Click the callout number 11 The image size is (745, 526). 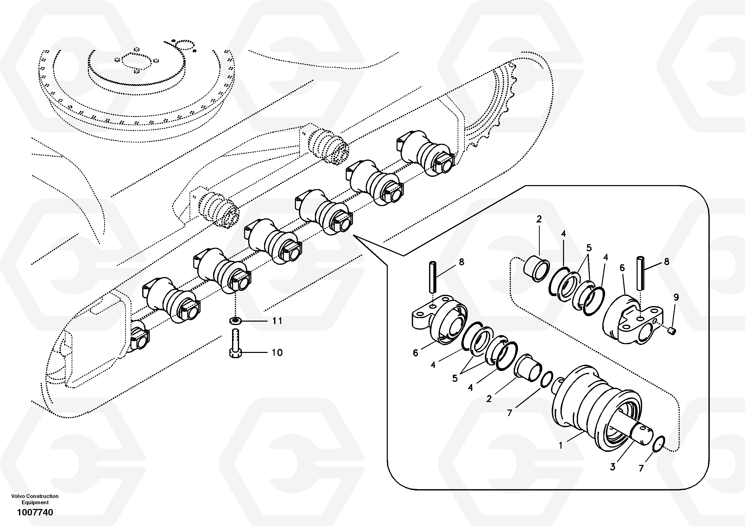click(x=277, y=321)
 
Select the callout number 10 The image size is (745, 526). click(x=277, y=353)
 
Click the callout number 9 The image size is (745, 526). click(x=676, y=297)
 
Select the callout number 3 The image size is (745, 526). click(x=613, y=467)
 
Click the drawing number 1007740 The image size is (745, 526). click(x=35, y=513)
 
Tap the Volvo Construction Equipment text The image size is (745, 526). click(x=35, y=499)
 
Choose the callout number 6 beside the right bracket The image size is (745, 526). click(x=622, y=268)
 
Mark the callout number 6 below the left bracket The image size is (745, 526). click(x=415, y=353)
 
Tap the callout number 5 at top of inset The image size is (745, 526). click(x=589, y=248)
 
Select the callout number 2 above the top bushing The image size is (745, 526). click(x=539, y=219)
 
